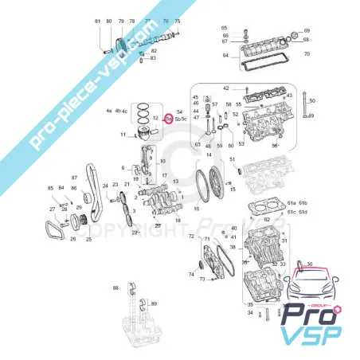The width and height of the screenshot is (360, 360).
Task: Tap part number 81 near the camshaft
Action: tap(97, 21)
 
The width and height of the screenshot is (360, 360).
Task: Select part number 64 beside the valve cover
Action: tap(225, 55)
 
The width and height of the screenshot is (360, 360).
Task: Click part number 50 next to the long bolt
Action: tap(313, 100)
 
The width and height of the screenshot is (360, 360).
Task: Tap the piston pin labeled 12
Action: tap(155, 118)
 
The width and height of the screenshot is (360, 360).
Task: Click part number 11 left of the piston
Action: tap(123, 135)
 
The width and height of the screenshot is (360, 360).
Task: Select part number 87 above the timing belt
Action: tap(75, 178)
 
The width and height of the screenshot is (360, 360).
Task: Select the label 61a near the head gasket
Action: tap(291, 204)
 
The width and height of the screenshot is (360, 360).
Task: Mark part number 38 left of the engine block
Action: tap(232, 248)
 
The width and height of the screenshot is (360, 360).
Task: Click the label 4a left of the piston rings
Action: tap(108, 110)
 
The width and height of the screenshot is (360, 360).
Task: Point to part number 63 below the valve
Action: tap(197, 146)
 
